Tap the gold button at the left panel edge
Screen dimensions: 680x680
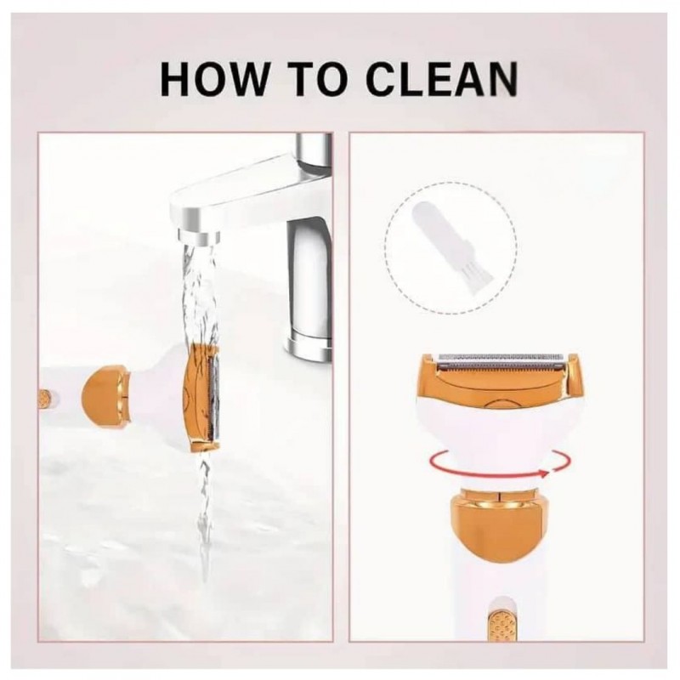click(44, 397)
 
